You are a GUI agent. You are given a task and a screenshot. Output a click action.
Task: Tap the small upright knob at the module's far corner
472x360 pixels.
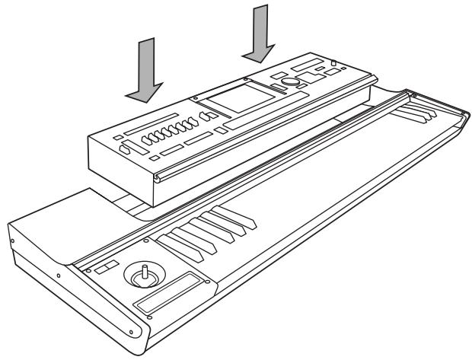(x=334, y=60)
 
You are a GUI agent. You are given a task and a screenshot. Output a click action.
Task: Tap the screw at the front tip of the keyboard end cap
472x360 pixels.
(x=136, y=333)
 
